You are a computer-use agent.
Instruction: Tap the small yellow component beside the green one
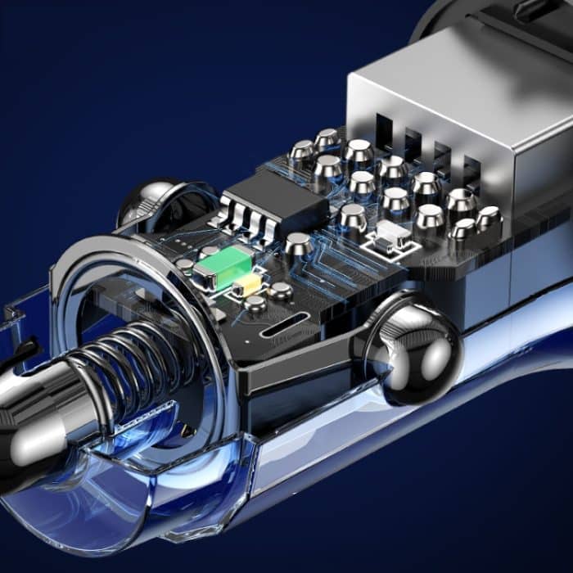(x=246, y=285)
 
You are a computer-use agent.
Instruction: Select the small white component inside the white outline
(x=390, y=237)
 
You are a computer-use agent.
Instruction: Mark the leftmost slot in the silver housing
(x=386, y=131)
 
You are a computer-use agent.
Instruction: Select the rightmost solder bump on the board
(x=489, y=218)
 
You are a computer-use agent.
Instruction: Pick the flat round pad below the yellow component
(x=256, y=305)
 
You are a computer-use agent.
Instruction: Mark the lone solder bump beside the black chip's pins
(x=298, y=243)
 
